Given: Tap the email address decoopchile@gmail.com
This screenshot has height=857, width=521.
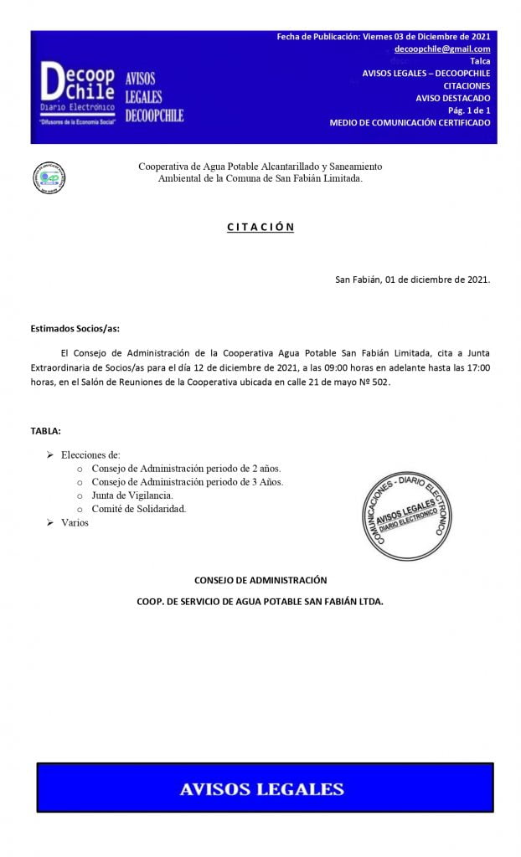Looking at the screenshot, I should (x=442, y=49).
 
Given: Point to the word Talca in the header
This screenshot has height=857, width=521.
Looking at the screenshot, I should (x=480, y=61).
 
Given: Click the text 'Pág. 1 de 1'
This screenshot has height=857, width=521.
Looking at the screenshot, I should (x=469, y=110).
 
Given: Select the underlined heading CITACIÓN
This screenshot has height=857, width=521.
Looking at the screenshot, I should (x=260, y=227).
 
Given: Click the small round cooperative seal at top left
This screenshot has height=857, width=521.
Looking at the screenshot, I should (x=49, y=177).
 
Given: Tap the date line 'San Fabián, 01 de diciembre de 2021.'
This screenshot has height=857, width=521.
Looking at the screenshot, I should (x=412, y=280).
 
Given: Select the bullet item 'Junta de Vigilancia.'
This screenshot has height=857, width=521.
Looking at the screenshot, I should (x=132, y=495).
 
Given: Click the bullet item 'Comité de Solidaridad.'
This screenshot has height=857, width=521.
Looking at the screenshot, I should (x=138, y=509).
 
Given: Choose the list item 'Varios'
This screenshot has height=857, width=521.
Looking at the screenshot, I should (x=75, y=522).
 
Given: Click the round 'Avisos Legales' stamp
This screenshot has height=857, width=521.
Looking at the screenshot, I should (x=401, y=511).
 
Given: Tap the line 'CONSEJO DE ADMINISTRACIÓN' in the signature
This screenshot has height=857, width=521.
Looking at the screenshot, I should (x=260, y=579).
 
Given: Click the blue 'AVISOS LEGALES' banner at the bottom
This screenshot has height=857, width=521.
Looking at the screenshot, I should (x=264, y=788).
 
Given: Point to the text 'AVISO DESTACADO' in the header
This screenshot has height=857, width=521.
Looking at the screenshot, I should (x=453, y=98).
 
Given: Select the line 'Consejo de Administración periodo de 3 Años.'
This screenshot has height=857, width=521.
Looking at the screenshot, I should (x=187, y=482).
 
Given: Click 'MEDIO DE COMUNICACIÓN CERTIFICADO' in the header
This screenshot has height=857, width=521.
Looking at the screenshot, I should (x=410, y=123).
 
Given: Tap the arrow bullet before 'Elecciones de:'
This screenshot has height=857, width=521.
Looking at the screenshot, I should (x=49, y=454).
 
